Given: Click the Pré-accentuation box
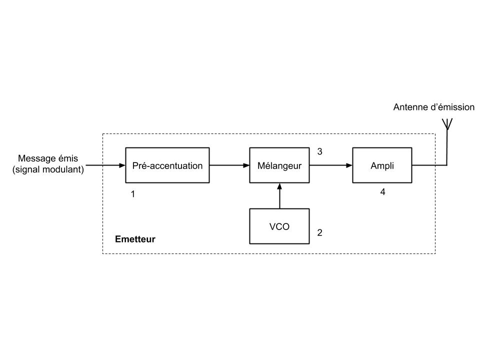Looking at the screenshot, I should tap(167, 165).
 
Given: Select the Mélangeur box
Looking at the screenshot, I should tap(279, 165).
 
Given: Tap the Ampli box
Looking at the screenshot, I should tap(382, 165).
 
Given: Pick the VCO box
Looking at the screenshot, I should tap(279, 226).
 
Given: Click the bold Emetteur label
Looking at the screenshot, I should tap(135, 239).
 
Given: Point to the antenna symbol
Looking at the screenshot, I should tap(447, 124).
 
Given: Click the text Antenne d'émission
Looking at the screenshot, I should tap(433, 107).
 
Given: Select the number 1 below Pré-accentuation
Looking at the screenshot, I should tap(133, 194).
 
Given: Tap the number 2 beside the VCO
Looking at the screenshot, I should tap(319, 232).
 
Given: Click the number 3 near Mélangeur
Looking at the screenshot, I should tap(319, 151).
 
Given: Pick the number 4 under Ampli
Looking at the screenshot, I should tap(382, 191).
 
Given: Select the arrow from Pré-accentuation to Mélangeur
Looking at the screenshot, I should tap(229, 165).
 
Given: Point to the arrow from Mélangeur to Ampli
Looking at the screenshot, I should tap(331, 165).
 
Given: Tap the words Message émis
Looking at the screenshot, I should tap(48, 158).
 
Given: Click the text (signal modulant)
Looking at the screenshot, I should tap(48, 169).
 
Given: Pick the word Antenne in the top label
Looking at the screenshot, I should tap(409, 107).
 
